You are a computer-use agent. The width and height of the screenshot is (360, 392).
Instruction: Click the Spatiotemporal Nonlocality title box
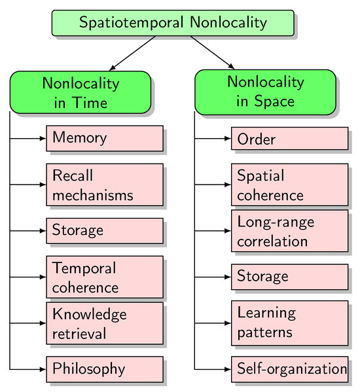[173, 23]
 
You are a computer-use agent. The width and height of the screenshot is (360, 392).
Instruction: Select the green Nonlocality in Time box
[81, 92]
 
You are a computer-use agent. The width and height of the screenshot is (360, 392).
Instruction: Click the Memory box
[104, 138]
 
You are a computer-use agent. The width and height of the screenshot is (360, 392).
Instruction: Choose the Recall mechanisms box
[104, 185]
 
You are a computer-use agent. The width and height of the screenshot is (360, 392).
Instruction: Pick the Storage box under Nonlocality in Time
[104, 230]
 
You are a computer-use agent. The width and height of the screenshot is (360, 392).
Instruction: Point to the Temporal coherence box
[104, 277]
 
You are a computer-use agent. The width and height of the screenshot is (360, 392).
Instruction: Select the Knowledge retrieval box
[104, 323]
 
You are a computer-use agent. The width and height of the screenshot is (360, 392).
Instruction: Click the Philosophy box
[104, 368]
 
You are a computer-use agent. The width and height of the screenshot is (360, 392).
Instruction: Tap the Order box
[289, 139]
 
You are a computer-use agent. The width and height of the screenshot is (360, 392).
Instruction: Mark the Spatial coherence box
[289, 185]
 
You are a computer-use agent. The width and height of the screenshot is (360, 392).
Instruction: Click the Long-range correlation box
[289, 230]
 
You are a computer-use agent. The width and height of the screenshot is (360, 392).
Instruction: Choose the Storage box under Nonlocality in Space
[289, 276]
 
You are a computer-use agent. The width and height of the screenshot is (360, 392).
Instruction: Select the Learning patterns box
[289, 322]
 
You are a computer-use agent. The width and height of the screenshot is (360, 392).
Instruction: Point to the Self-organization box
[289, 369]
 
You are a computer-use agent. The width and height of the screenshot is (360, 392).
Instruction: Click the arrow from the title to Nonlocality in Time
[134, 53]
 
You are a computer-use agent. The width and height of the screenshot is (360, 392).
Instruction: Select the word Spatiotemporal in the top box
[132, 23]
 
